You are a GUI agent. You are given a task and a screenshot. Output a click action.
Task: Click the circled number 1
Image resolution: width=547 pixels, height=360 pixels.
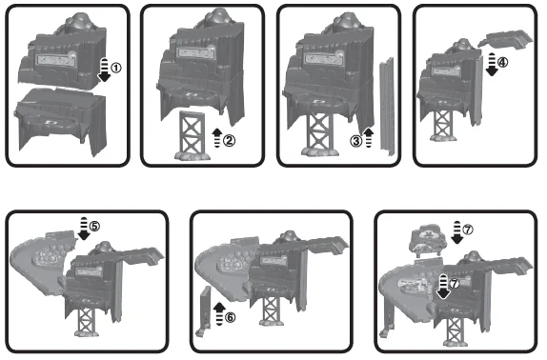(116, 68)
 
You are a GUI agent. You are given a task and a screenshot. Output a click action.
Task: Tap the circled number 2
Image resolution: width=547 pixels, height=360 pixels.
(230, 141)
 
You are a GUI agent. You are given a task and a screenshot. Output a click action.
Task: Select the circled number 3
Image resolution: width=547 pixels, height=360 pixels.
(356, 142)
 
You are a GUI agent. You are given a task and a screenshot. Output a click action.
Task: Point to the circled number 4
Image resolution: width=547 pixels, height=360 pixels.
(502, 63)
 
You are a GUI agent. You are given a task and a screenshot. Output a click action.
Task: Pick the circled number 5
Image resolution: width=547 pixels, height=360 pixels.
(94, 226)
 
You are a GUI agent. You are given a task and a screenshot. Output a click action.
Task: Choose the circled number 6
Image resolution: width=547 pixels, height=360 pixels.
(230, 317)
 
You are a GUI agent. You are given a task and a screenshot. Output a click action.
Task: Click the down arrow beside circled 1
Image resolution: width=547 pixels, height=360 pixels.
(104, 70)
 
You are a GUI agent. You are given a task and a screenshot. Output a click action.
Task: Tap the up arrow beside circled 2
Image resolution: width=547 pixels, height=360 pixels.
(217, 137)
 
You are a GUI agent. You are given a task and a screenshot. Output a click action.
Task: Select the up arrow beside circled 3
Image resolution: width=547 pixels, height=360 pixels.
(369, 138)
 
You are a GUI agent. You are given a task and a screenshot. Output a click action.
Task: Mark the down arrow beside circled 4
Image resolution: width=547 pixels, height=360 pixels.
(492, 65)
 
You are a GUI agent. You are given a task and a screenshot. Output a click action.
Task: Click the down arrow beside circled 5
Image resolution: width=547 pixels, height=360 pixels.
(84, 229)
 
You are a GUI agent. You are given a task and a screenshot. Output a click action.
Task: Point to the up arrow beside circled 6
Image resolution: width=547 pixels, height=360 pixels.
(219, 313)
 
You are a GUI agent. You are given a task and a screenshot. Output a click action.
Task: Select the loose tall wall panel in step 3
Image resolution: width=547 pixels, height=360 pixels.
(388, 107)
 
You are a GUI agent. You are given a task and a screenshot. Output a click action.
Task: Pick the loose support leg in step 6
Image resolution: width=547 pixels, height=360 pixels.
(205, 310)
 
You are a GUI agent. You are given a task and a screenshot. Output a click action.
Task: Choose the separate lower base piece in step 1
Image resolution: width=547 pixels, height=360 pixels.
(60, 121)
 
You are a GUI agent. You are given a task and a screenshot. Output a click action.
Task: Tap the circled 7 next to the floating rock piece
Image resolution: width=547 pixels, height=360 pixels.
(468, 230)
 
